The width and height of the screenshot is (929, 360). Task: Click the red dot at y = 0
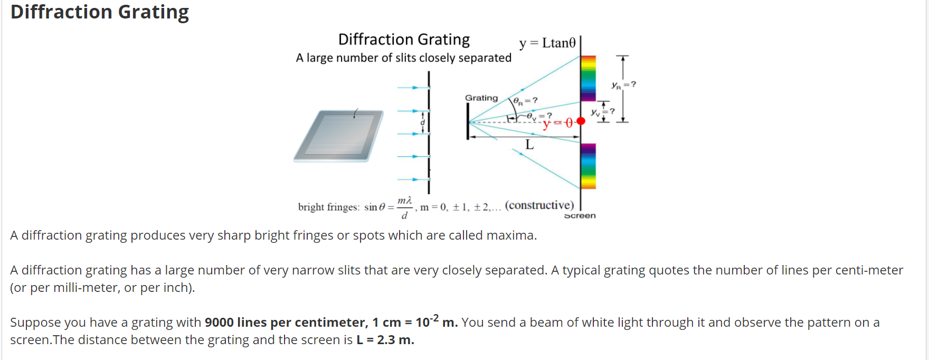581,121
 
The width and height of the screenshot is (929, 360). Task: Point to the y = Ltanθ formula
547,43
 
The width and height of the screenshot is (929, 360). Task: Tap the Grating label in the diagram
481,98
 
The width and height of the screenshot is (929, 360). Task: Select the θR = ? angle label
525,100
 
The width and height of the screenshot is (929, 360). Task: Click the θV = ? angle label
539,116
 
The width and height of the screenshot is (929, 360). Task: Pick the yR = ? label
623,84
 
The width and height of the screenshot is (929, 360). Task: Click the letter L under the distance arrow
529,145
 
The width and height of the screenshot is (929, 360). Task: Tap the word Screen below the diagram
580,215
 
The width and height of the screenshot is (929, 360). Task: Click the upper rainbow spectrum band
588,78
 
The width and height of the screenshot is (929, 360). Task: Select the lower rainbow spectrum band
588,166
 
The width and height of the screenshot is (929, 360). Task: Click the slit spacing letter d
422,122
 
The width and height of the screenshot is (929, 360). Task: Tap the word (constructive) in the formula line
539,205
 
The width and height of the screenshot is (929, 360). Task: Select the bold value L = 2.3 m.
385,340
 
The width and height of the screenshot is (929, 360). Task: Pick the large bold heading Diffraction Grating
100,12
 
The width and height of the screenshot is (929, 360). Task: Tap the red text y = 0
557,124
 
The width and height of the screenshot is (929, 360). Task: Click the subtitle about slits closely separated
403,58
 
